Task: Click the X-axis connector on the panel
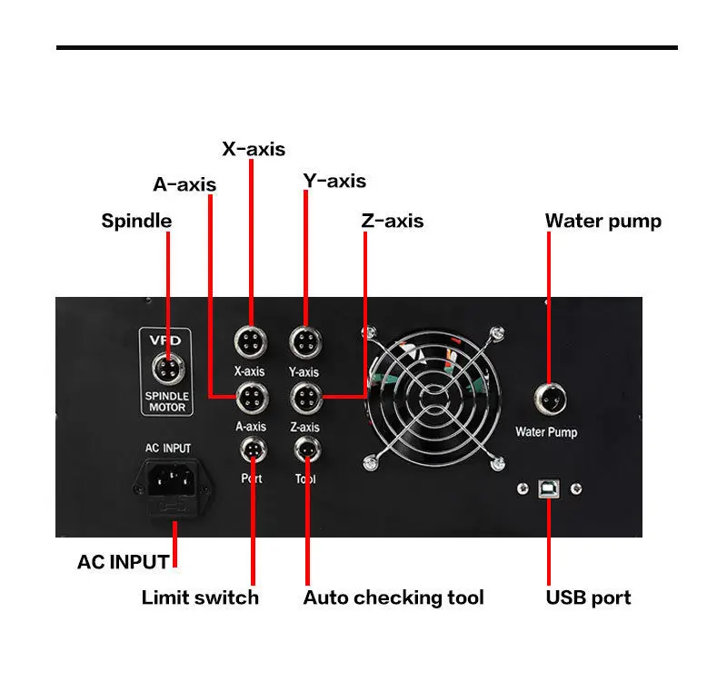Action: coord(251,343)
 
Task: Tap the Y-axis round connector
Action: coord(304,343)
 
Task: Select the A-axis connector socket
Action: coord(251,397)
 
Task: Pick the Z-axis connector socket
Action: coord(304,397)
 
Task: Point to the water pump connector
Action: coord(549,396)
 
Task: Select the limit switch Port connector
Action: coord(251,448)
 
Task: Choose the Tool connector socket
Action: coord(304,448)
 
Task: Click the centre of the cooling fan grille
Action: coord(433,397)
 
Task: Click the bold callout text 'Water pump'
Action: coord(603,221)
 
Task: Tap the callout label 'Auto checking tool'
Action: coord(393,597)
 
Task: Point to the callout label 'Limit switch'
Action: coord(200,597)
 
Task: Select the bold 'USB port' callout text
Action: coord(588,597)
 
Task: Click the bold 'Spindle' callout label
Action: coord(136,221)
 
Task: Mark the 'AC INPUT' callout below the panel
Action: coord(124,561)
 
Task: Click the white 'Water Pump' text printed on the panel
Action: coord(546,432)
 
